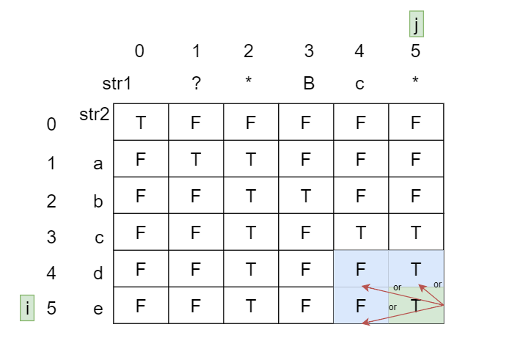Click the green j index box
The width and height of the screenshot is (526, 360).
[416, 25]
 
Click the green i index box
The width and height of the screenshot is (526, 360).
[27, 308]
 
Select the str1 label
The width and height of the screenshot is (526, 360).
[117, 84]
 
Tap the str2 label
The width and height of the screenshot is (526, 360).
[95, 114]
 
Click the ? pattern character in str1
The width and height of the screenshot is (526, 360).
[196, 84]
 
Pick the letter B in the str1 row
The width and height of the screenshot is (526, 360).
[309, 84]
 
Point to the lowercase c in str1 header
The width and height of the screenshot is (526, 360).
[359, 84]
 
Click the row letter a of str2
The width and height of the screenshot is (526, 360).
[98, 164]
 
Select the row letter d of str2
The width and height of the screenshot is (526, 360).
[98, 273]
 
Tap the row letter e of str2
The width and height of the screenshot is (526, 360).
[98, 309]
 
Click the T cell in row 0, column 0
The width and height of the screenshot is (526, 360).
[141, 122]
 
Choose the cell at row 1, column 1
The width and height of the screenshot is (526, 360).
[196, 159]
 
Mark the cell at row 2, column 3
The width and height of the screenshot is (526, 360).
[306, 196]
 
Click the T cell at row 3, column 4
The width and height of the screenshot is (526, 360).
[361, 232]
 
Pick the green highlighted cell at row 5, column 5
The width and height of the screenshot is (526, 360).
[416, 306]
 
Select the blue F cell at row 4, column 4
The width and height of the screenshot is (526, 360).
[361, 269]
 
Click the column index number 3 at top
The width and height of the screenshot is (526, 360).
[309, 51]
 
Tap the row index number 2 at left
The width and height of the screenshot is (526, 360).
[51, 201]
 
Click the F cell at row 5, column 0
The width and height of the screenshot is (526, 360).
[141, 306]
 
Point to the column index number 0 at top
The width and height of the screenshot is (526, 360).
[139, 51]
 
